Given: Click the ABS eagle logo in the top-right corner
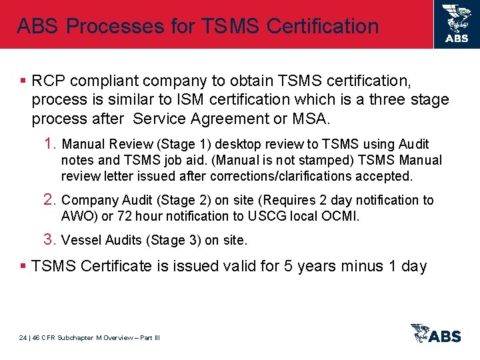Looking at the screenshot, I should tap(457, 23).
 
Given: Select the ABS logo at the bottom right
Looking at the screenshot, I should tap(436, 333).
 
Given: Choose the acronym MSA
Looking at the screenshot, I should tap(311, 119).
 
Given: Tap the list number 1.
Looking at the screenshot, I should tap(51, 144).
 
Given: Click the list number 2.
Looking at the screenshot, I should tap(51, 200).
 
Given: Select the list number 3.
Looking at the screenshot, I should tap(51, 239).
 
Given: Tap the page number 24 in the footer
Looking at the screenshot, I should tap(23, 337).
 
